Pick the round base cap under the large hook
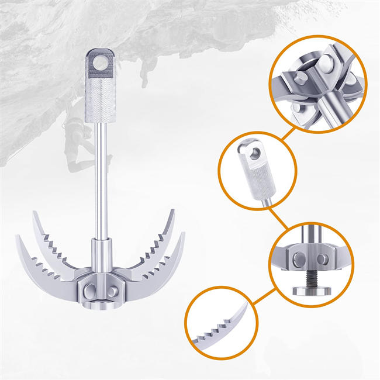(x=103, y=305)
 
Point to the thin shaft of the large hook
(x=102, y=175)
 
